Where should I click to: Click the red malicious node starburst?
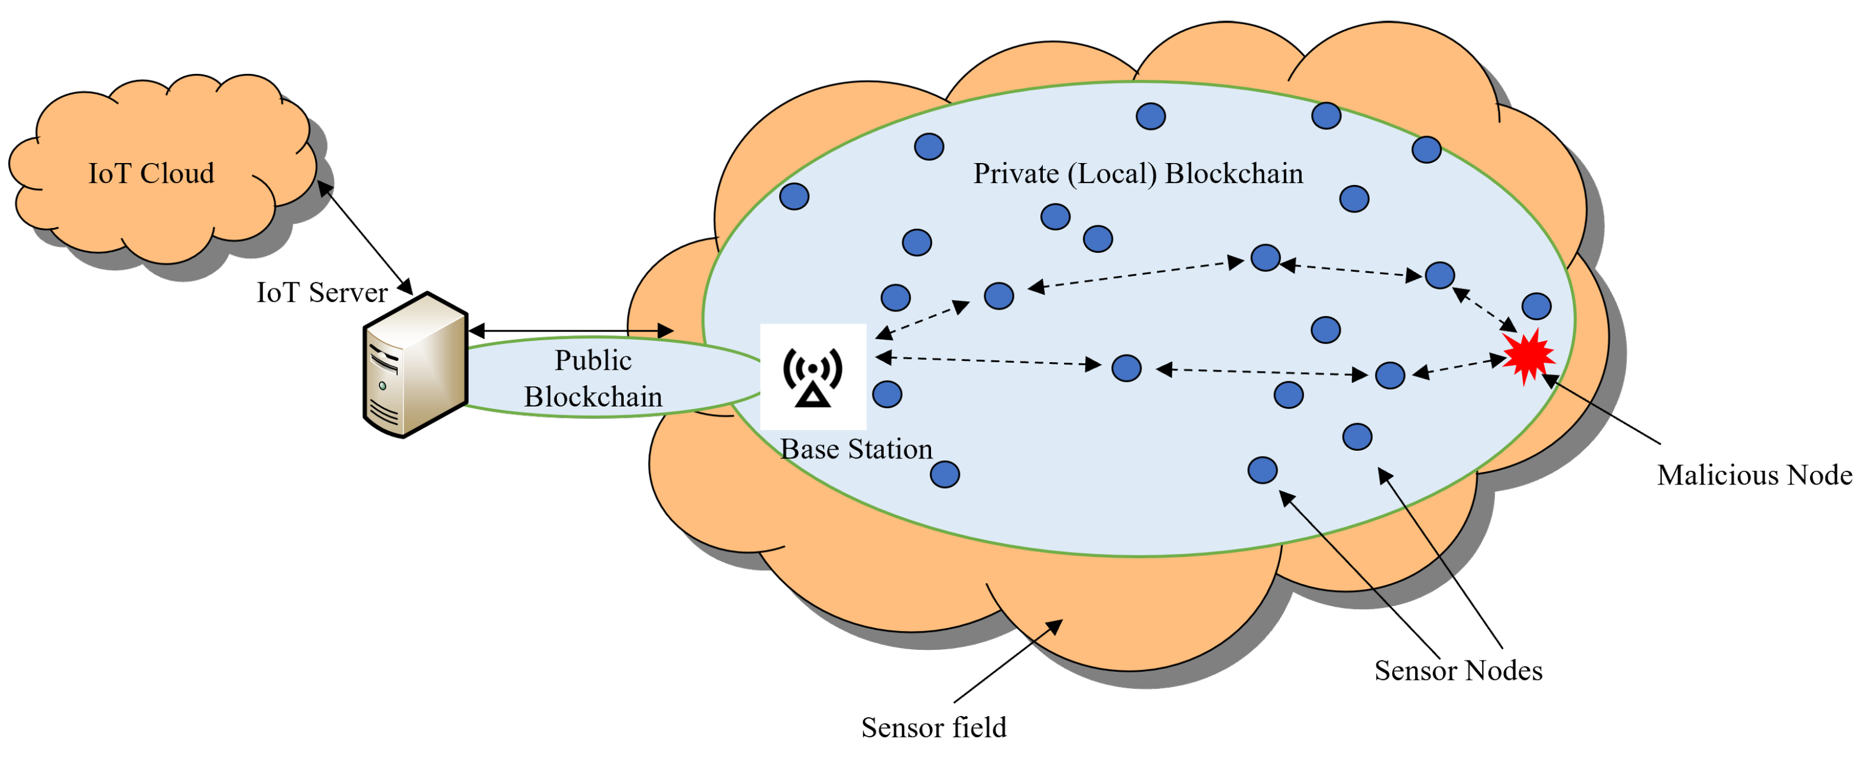pyautogui.click(x=1528, y=355)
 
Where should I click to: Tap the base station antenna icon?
pyautogui.click(x=813, y=376)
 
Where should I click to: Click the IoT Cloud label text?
pyautogui.click(x=151, y=174)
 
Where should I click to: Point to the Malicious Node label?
pyautogui.click(x=1754, y=476)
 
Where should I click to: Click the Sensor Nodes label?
pyautogui.click(x=1458, y=671)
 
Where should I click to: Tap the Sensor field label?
pyautogui.click(x=933, y=727)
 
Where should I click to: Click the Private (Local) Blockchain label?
pyautogui.click(x=1137, y=174)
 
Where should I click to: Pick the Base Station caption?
pyautogui.click(x=856, y=449)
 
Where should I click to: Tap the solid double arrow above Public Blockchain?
pyautogui.click(x=570, y=332)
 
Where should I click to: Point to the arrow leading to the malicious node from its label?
pyautogui.click(x=1603, y=409)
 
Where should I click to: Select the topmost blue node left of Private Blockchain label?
pyautogui.click(x=929, y=147)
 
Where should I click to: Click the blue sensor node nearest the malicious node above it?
pyautogui.click(x=1536, y=306)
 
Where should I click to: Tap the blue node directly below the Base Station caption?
pyautogui.click(x=944, y=474)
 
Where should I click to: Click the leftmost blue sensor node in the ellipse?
pyautogui.click(x=794, y=196)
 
